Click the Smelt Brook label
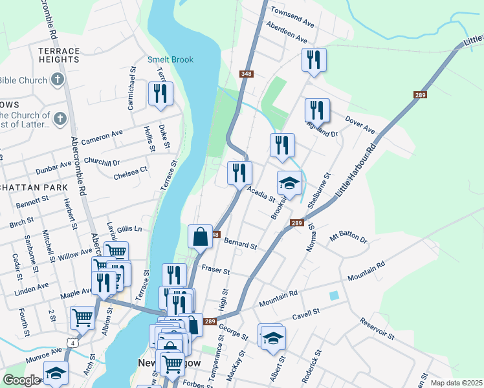[x=170, y=60]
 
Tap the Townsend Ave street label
[x=292, y=17]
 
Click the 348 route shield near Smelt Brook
[x=246, y=74]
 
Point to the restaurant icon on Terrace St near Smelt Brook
[x=160, y=94]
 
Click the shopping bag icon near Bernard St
[x=201, y=236]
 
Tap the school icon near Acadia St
[x=289, y=184]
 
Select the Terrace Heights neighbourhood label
[x=58, y=55]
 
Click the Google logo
[x=21, y=380]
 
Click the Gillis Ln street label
[x=129, y=229]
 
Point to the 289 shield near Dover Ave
[x=419, y=95]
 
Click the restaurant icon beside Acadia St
[x=239, y=173]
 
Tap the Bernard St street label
[x=240, y=244]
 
